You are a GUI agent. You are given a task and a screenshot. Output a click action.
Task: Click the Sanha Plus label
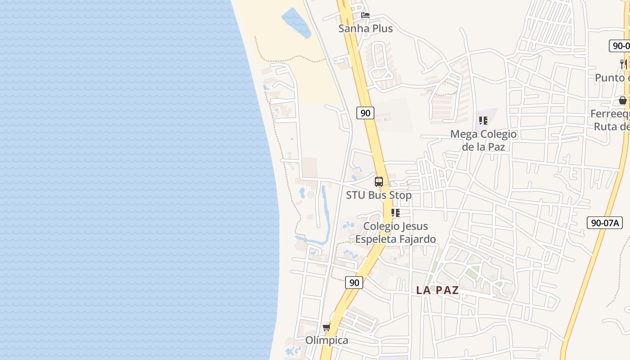(365, 29)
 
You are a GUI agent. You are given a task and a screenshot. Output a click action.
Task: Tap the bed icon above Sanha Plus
(365, 15)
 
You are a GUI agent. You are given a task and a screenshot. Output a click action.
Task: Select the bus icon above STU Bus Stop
(379, 182)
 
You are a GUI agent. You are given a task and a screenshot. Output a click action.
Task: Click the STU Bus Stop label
(378, 195)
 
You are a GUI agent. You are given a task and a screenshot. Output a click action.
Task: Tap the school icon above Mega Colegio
(483, 121)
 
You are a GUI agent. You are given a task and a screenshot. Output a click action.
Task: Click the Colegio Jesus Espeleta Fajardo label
(396, 233)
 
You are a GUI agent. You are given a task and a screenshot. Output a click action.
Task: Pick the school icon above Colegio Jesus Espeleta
(395, 212)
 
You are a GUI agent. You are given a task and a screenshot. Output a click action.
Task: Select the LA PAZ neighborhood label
(437, 290)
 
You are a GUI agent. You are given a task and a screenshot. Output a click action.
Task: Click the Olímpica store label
(327, 340)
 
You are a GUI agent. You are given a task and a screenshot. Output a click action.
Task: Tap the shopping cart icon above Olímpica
(326, 327)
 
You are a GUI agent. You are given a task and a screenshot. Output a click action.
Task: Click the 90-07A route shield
(604, 223)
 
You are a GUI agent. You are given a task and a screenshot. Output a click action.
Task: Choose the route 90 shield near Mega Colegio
(365, 113)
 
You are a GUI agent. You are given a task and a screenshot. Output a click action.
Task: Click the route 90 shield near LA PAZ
(355, 283)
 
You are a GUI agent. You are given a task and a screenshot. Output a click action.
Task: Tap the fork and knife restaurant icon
(623, 64)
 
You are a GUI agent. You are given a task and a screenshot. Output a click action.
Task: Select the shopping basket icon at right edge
(623, 100)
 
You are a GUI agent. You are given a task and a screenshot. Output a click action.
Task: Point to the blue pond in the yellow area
(296, 22)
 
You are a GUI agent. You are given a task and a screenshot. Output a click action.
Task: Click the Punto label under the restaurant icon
(612, 78)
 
